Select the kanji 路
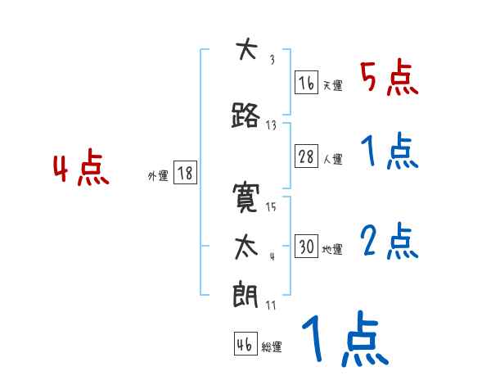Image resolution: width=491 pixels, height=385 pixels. tap(245, 115)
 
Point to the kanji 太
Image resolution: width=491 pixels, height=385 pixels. tap(245, 247)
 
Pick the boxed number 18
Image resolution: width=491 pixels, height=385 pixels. tap(185, 173)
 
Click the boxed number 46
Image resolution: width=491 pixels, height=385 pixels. tap(245, 345)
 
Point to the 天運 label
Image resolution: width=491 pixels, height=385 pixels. tap(331, 85)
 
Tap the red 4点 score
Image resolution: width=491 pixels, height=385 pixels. tap(80, 170)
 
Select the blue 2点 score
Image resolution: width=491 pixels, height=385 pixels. tap(390, 241)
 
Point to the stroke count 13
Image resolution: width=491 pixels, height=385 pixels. tap(272, 125)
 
